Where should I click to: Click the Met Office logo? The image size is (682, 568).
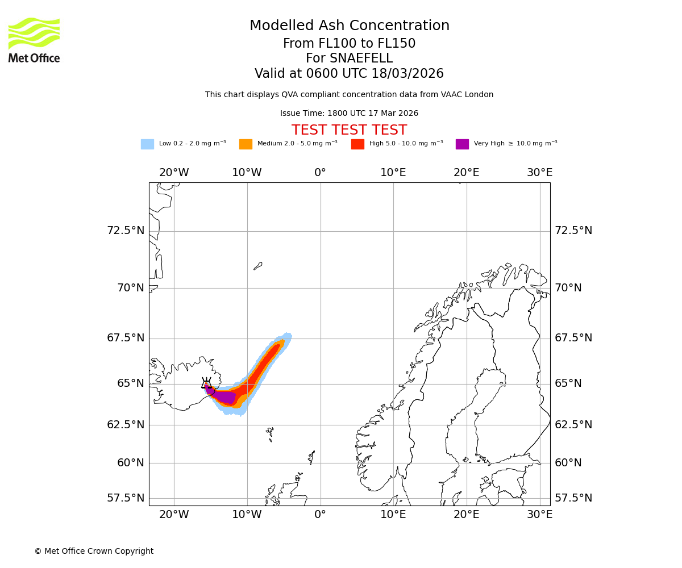34,40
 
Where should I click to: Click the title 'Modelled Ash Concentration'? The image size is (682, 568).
349,26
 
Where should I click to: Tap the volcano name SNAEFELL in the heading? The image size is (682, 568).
349,59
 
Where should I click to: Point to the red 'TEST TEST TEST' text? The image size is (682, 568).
349,130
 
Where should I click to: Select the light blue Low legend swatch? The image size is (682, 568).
147,144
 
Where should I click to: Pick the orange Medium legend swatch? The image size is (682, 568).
246,144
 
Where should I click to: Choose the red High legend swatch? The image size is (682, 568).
357,144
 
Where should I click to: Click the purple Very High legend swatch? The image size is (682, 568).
462,144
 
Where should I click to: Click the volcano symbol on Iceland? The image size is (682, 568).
206,383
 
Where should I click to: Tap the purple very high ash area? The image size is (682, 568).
224,396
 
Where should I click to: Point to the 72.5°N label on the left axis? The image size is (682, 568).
126,231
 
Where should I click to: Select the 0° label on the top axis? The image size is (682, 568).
320,173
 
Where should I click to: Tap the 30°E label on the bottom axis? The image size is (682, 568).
539,515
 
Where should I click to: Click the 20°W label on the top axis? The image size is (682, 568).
174,173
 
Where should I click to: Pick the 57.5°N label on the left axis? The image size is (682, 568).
126,498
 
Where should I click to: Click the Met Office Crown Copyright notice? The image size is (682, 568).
94,551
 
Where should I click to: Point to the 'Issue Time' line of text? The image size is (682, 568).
349,113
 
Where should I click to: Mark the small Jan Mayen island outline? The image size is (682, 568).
258,266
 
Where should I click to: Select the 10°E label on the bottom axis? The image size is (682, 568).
393,515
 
